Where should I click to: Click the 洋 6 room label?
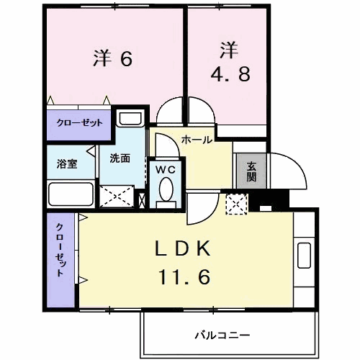pyautogui.click(x=113, y=58)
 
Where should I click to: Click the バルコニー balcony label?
pyautogui.click(x=222, y=336)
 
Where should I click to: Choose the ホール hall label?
pyautogui.click(x=196, y=140)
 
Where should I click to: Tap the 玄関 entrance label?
pyautogui.click(x=251, y=171)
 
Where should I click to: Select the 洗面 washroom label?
pyautogui.click(x=120, y=158)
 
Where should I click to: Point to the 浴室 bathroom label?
pyautogui.click(x=67, y=163)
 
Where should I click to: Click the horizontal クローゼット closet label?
pyautogui.click(x=79, y=122)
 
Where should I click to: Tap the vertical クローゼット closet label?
pyautogui.click(x=61, y=250)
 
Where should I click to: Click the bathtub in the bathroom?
pyautogui.click(x=70, y=194)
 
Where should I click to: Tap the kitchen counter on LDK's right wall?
pyautogui.click(x=303, y=255)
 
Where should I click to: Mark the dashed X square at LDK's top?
pyautogui.click(x=236, y=204)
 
